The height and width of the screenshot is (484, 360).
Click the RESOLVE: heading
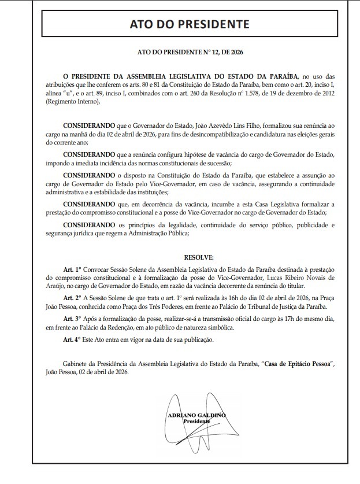199,257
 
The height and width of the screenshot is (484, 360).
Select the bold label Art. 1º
73,269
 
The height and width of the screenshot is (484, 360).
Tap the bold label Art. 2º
73,296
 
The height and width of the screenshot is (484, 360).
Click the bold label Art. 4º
73,339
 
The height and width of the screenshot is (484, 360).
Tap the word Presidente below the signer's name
196,421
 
